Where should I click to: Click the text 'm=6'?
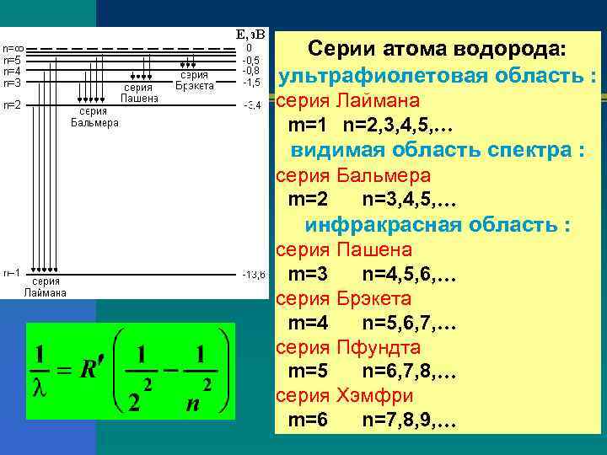[x=308, y=420]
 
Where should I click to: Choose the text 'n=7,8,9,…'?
[x=409, y=420]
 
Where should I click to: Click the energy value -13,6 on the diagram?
[x=253, y=275]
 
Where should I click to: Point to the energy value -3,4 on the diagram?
[x=252, y=105]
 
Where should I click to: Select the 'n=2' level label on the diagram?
[x=12, y=105]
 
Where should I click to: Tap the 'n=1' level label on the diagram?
[x=12, y=273]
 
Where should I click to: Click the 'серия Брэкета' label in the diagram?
[x=196, y=80]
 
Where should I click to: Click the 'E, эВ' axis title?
[x=250, y=35]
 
